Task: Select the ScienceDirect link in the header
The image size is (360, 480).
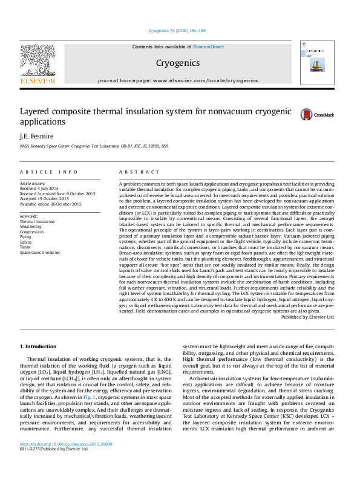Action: point(208,47)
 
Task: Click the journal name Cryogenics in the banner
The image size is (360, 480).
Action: point(177,62)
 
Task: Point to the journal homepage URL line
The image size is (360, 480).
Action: point(177,80)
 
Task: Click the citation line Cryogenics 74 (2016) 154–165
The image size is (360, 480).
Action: point(177,31)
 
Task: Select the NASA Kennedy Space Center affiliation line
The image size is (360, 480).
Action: point(94,146)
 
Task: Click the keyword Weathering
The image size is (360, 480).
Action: point(31,227)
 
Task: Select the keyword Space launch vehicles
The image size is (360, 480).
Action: point(40,252)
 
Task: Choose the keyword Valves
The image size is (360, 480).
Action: point(27,242)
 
